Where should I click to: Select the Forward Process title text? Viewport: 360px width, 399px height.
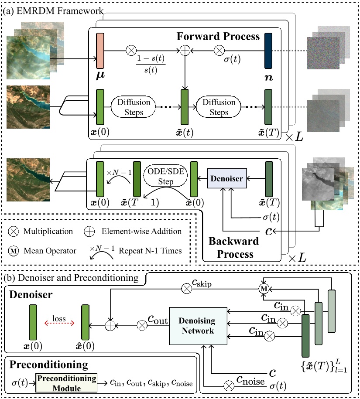click(x=218, y=37)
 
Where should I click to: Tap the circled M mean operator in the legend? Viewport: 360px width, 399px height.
click(x=13, y=251)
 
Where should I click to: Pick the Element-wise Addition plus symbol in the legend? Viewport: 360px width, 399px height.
click(x=88, y=232)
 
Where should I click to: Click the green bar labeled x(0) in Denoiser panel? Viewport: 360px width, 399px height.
click(x=33, y=323)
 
